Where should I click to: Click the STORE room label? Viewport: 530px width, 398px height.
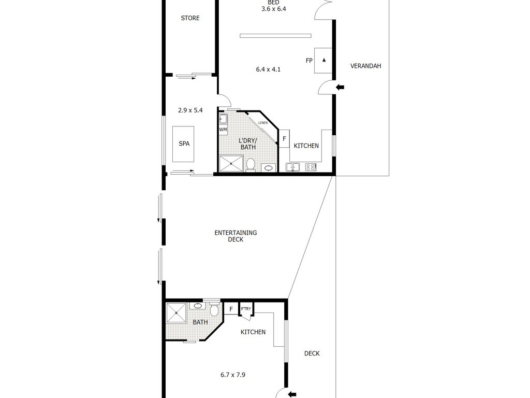tap(190, 18)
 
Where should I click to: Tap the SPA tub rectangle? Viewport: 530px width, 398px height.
tap(184, 144)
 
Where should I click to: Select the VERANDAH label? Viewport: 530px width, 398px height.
tap(365, 66)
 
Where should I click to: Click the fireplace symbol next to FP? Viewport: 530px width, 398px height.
tap(323, 61)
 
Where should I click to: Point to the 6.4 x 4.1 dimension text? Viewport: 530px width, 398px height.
tap(268, 69)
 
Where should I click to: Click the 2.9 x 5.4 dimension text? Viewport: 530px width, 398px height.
tap(190, 110)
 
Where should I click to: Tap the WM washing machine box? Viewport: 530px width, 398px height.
tap(223, 130)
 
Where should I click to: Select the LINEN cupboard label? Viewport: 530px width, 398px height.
tap(262, 122)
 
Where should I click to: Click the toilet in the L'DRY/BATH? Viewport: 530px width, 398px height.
tap(251, 165)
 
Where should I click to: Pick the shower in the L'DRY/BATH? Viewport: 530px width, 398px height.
tap(231, 163)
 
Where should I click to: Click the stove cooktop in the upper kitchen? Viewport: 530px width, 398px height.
tap(311, 167)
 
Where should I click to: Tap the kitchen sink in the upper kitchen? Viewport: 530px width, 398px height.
tap(293, 167)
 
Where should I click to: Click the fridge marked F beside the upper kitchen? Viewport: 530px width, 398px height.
tap(284, 138)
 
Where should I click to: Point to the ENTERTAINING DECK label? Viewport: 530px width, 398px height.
tap(235, 236)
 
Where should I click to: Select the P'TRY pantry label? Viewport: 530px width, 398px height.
tap(246, 309)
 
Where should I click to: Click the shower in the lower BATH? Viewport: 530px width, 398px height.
tap(176, 313)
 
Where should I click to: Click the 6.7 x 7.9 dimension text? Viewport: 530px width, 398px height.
tap(232, 375)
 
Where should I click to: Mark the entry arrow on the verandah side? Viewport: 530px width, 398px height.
tap(340, 87)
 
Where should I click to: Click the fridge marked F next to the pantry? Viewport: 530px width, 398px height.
tap(231, 309)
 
